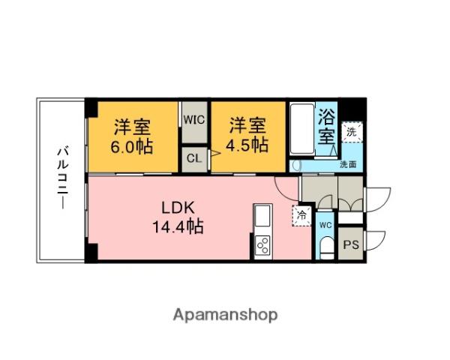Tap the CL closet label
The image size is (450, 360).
point(193,158)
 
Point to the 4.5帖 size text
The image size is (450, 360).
point(248,145)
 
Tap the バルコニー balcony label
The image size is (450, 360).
point(61,179)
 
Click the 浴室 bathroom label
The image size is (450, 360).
point(326,127)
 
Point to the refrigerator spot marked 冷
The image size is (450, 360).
point(301,214)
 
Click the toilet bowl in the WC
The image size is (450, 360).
point(325,248)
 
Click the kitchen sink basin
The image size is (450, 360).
point(263,219)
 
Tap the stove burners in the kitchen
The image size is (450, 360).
point(263,244)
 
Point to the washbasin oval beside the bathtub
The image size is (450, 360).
point(295,166)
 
